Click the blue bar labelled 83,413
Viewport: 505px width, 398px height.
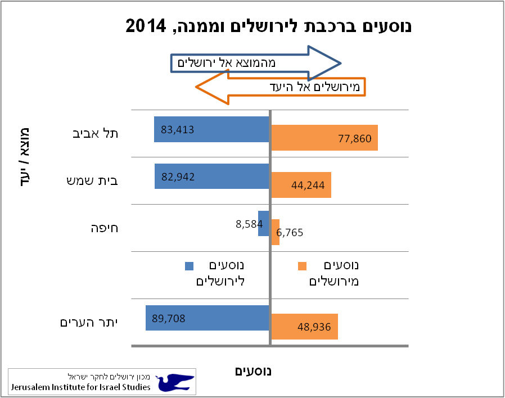click(211, 129)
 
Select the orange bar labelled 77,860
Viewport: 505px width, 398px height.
click(324, 138)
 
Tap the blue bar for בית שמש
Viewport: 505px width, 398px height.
click(211, 177)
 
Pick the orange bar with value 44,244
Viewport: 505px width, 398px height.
click(301, 185)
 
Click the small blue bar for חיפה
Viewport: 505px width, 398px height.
click(263, 224)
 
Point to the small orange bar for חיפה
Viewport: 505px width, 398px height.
click(276, 232)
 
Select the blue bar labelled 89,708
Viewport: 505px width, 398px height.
click(207, 318)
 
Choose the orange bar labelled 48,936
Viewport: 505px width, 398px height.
click(305, 327)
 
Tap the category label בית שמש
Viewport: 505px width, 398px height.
click(98, 181)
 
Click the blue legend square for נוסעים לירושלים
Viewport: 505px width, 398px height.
click(189, 266)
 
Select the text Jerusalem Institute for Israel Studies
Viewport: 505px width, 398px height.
click(81, 387)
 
